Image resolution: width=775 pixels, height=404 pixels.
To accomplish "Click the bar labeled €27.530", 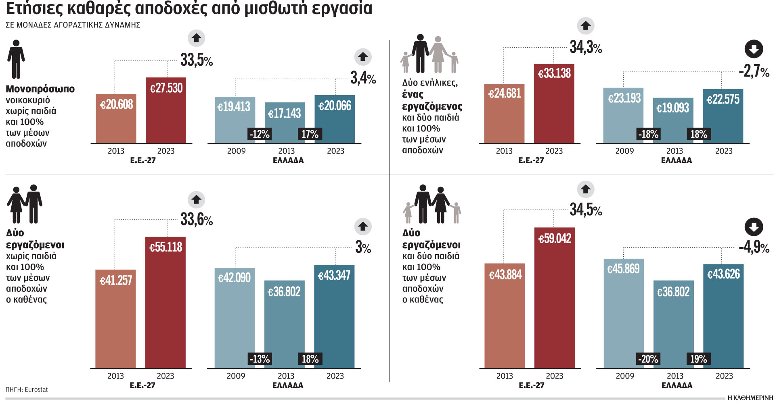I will [x=165, y=111].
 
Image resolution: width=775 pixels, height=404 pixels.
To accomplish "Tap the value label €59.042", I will [x=555, y=239].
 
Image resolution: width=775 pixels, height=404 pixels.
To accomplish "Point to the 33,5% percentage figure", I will [x=196, y=60].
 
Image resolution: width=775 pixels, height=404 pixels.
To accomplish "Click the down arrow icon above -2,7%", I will [x=753, y=49].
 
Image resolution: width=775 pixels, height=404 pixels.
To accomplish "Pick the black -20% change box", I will [x=648, y=358].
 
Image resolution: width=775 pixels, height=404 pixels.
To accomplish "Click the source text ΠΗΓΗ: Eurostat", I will [x=27, y=389].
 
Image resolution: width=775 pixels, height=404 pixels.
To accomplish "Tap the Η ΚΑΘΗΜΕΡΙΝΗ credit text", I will [x=750, y=398].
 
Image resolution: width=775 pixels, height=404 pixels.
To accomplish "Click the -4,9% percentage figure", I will [x=753, y=247].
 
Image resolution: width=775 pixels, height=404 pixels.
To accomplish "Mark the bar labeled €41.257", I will [x=115, y=319].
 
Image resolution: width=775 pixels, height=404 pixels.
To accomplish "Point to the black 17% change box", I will [x=310, y=134].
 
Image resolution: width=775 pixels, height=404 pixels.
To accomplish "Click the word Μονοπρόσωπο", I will [x=40, y=89].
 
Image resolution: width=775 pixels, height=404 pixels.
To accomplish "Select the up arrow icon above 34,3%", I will [x=585, y=26].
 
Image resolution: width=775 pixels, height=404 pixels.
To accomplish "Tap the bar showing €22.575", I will [x=723, y=117].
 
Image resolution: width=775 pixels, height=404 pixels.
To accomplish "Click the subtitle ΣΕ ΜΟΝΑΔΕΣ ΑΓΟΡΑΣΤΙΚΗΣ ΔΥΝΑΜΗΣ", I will [x=73, y=25].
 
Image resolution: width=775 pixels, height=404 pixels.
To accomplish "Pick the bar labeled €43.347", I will [x=334, y=317].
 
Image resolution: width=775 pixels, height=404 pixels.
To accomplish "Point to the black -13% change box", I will [x=259, y=358].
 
